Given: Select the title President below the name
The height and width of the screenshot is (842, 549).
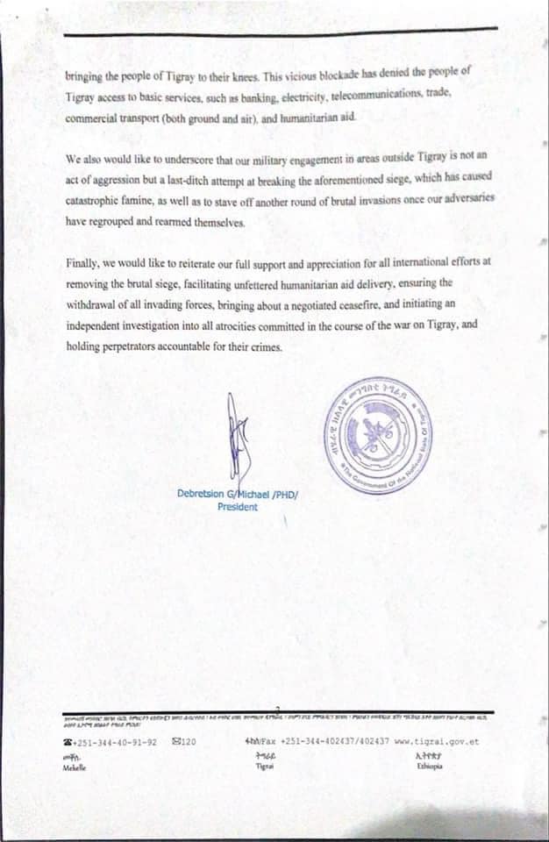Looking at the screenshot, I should pyautogui.click(x=238, y=507).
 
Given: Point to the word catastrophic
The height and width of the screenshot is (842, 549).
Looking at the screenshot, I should pyautogui.click(x=98, y=201).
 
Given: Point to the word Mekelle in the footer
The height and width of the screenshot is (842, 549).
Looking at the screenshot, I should pyautogui.click(x=75, y=767).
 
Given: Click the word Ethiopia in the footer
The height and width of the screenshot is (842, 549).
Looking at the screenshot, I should pyautogui.click(x=430, y=766).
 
